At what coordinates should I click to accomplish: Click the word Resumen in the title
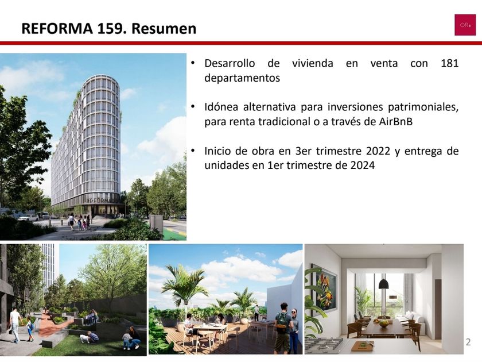click(164, 28)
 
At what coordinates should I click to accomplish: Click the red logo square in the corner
click(465, 25)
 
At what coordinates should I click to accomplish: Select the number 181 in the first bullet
click(449, 63)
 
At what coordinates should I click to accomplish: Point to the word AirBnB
click(395, 122)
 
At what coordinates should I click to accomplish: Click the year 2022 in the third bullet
click(378, 151)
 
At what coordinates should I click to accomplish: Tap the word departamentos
click(242, 78)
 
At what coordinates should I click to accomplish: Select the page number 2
click(468, 342)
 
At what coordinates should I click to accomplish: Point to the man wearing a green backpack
click(283, 327)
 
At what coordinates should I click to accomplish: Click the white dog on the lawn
click(84, 338)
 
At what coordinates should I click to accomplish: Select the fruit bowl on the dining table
click(384, 324)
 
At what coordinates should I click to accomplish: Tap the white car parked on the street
click(28, 218)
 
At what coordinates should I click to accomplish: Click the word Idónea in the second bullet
click(221, 107)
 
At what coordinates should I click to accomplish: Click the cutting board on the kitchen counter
click(362, 345)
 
